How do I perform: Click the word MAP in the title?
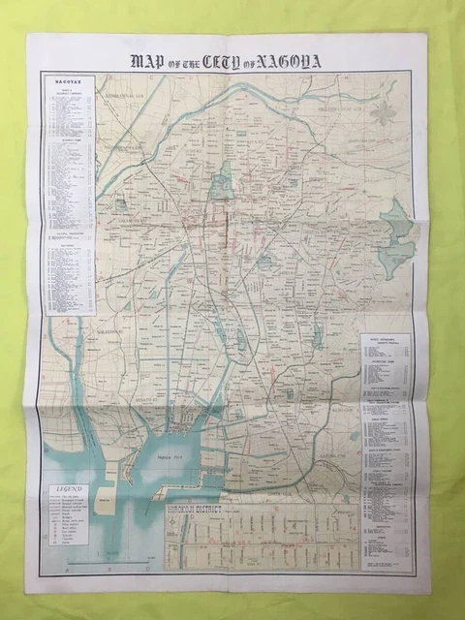148,61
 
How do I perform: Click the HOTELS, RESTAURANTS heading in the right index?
385,340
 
